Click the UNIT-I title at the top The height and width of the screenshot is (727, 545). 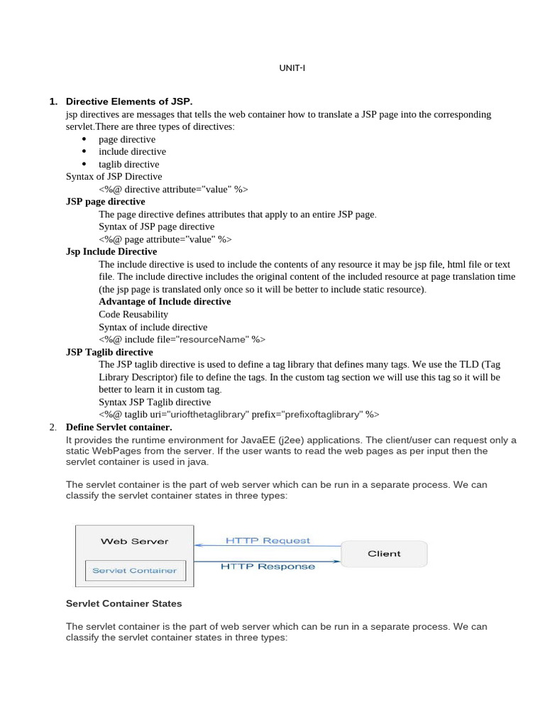[x=292, y=68]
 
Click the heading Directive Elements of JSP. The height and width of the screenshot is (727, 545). [x=128, y=102]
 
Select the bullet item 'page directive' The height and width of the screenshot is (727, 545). [x=127, y=139]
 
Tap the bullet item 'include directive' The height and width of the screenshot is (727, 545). [x=132, y=151]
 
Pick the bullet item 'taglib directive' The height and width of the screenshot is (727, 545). [x=128, y=164]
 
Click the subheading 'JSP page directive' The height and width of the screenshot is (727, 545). [x=105, y=202]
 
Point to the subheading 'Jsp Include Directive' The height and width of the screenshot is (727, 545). [x=111, y=251]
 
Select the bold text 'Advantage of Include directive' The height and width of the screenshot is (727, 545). [x=165, y=302]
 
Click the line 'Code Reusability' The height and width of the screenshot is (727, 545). [x=133, y=315]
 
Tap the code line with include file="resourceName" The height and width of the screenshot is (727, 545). [x=182, y=339]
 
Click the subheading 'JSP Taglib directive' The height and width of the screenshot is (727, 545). [x=109, y=352]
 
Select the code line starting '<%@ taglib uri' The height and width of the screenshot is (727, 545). [x=239, y=415]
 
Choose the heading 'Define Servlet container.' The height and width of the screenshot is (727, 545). [x=119, y=427]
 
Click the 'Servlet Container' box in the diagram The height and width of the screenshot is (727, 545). [x=135, y=570]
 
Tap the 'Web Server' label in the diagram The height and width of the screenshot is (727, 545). [x=135, y=541]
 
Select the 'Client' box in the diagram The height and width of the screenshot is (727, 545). [x=384, y=554]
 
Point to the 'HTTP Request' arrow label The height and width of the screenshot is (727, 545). [x=268, y=540]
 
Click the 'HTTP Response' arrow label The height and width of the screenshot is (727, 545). [x=268, y=567]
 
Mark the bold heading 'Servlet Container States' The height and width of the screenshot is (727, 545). [x=123, y=603]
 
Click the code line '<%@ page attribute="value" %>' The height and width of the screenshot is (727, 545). [x=165, y=239]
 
